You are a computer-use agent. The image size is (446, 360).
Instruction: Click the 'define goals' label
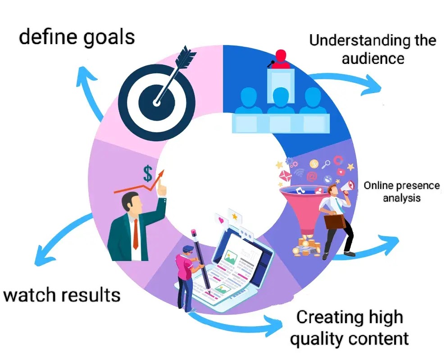(77, 37)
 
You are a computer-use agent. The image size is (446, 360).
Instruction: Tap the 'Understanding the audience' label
(373, 49)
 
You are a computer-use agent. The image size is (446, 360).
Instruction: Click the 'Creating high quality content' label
(349, 328)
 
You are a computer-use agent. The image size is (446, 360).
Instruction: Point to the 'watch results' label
(62, 296)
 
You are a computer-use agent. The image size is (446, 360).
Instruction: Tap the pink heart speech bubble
(221, 221)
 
